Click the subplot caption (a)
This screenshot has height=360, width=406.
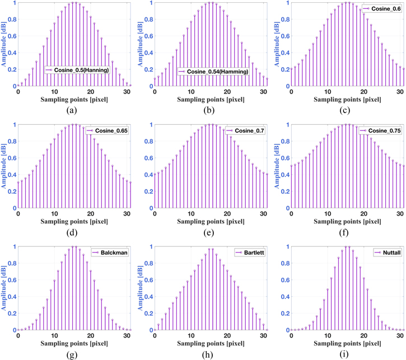[x=72, y=110]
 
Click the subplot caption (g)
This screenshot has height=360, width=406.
[x=72, y=354]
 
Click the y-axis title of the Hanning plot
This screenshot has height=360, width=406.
[x=4, y=44]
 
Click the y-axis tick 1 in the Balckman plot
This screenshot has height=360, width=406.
[x=13, y=247]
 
